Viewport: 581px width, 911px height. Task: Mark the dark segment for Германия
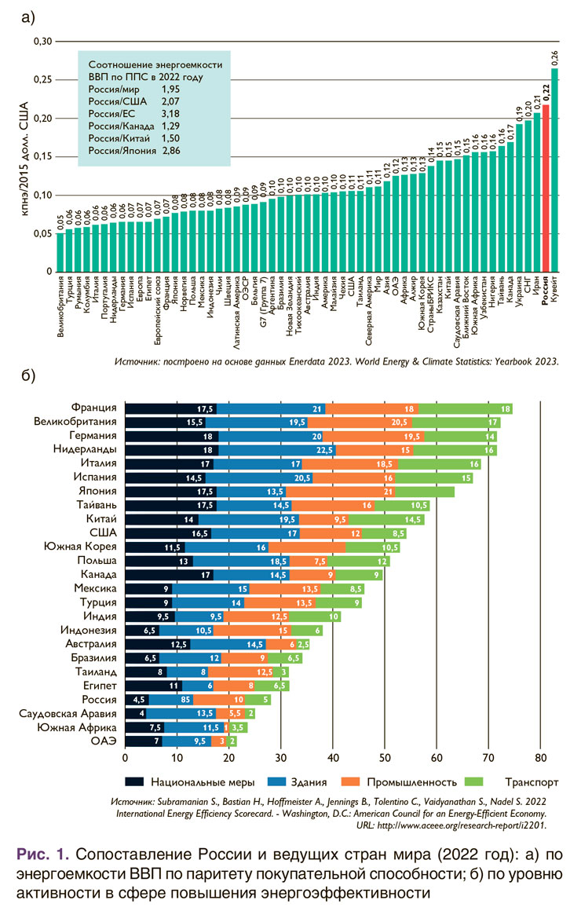pyautogui.click(x=172, y=437)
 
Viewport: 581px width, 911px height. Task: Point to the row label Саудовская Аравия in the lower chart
pyautogui.click(x=67, y=713)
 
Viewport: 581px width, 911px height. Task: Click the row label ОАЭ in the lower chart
pyautogui.click(x=103, y=741)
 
